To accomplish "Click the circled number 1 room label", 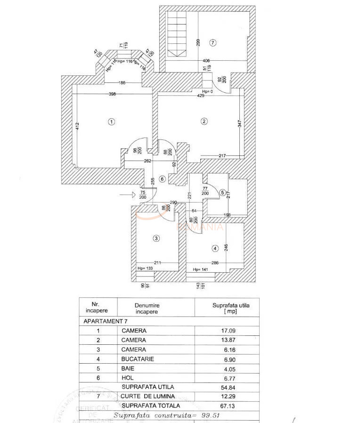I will [x=111, y=122].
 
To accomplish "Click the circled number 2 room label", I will [x=204, y=122].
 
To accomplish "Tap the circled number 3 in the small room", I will [x=156, y=239].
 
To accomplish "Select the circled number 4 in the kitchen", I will [x=215, y=248].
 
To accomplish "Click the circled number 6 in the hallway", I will [x=162, y=179].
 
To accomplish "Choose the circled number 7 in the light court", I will [x=213, y=43].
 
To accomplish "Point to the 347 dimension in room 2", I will [x=239, y=124].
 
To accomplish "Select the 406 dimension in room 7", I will [x=206, y=61].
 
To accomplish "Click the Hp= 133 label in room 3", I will [x=145, y=268].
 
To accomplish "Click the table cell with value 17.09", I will [x=228, y=331].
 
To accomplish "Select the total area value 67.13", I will [x=228, y=406].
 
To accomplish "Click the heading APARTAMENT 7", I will [x=106, y=321].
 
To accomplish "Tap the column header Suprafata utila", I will [x=228, y=308].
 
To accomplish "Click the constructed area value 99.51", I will [x=207, y=415].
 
